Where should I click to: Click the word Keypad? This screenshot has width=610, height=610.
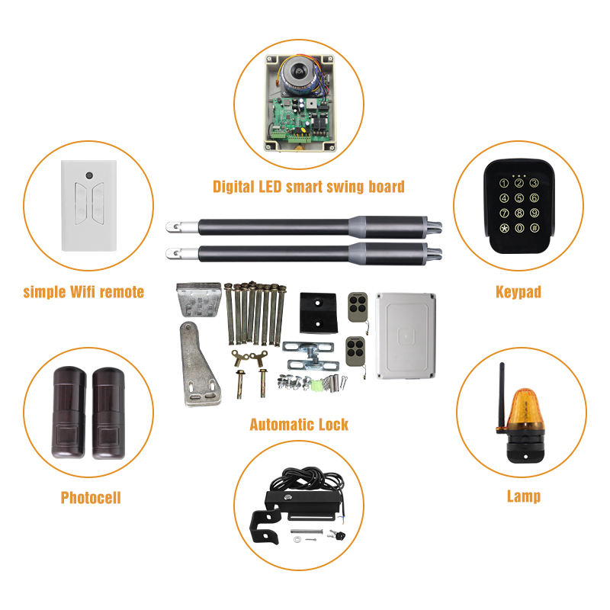(x=518, y=291)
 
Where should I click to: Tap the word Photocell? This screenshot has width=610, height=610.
(x=91, y=498)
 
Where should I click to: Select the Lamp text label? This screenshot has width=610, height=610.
(x=524, y=496)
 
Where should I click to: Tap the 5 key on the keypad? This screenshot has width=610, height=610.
(x=518, y=199)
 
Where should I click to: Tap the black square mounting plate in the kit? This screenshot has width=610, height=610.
(x=317, y=313)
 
